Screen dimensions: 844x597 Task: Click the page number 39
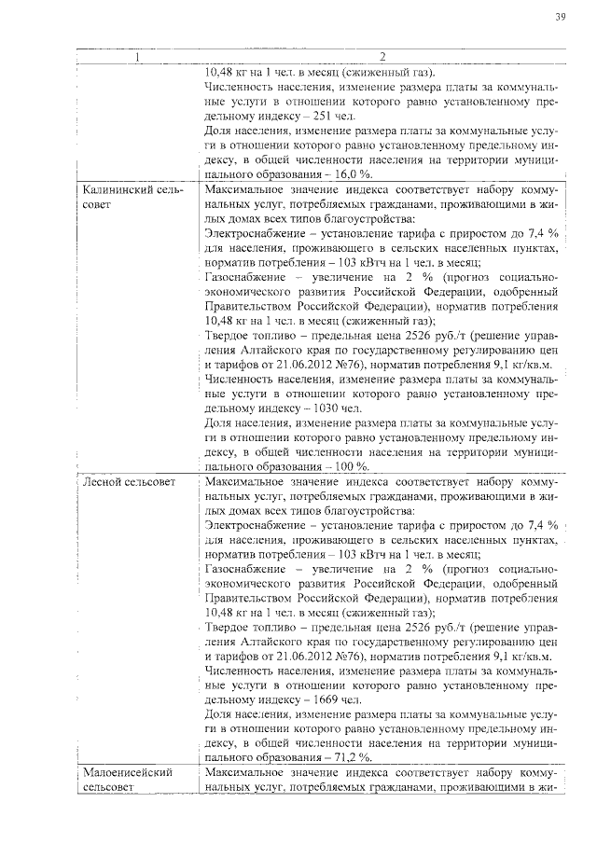(x=561, y=17)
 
